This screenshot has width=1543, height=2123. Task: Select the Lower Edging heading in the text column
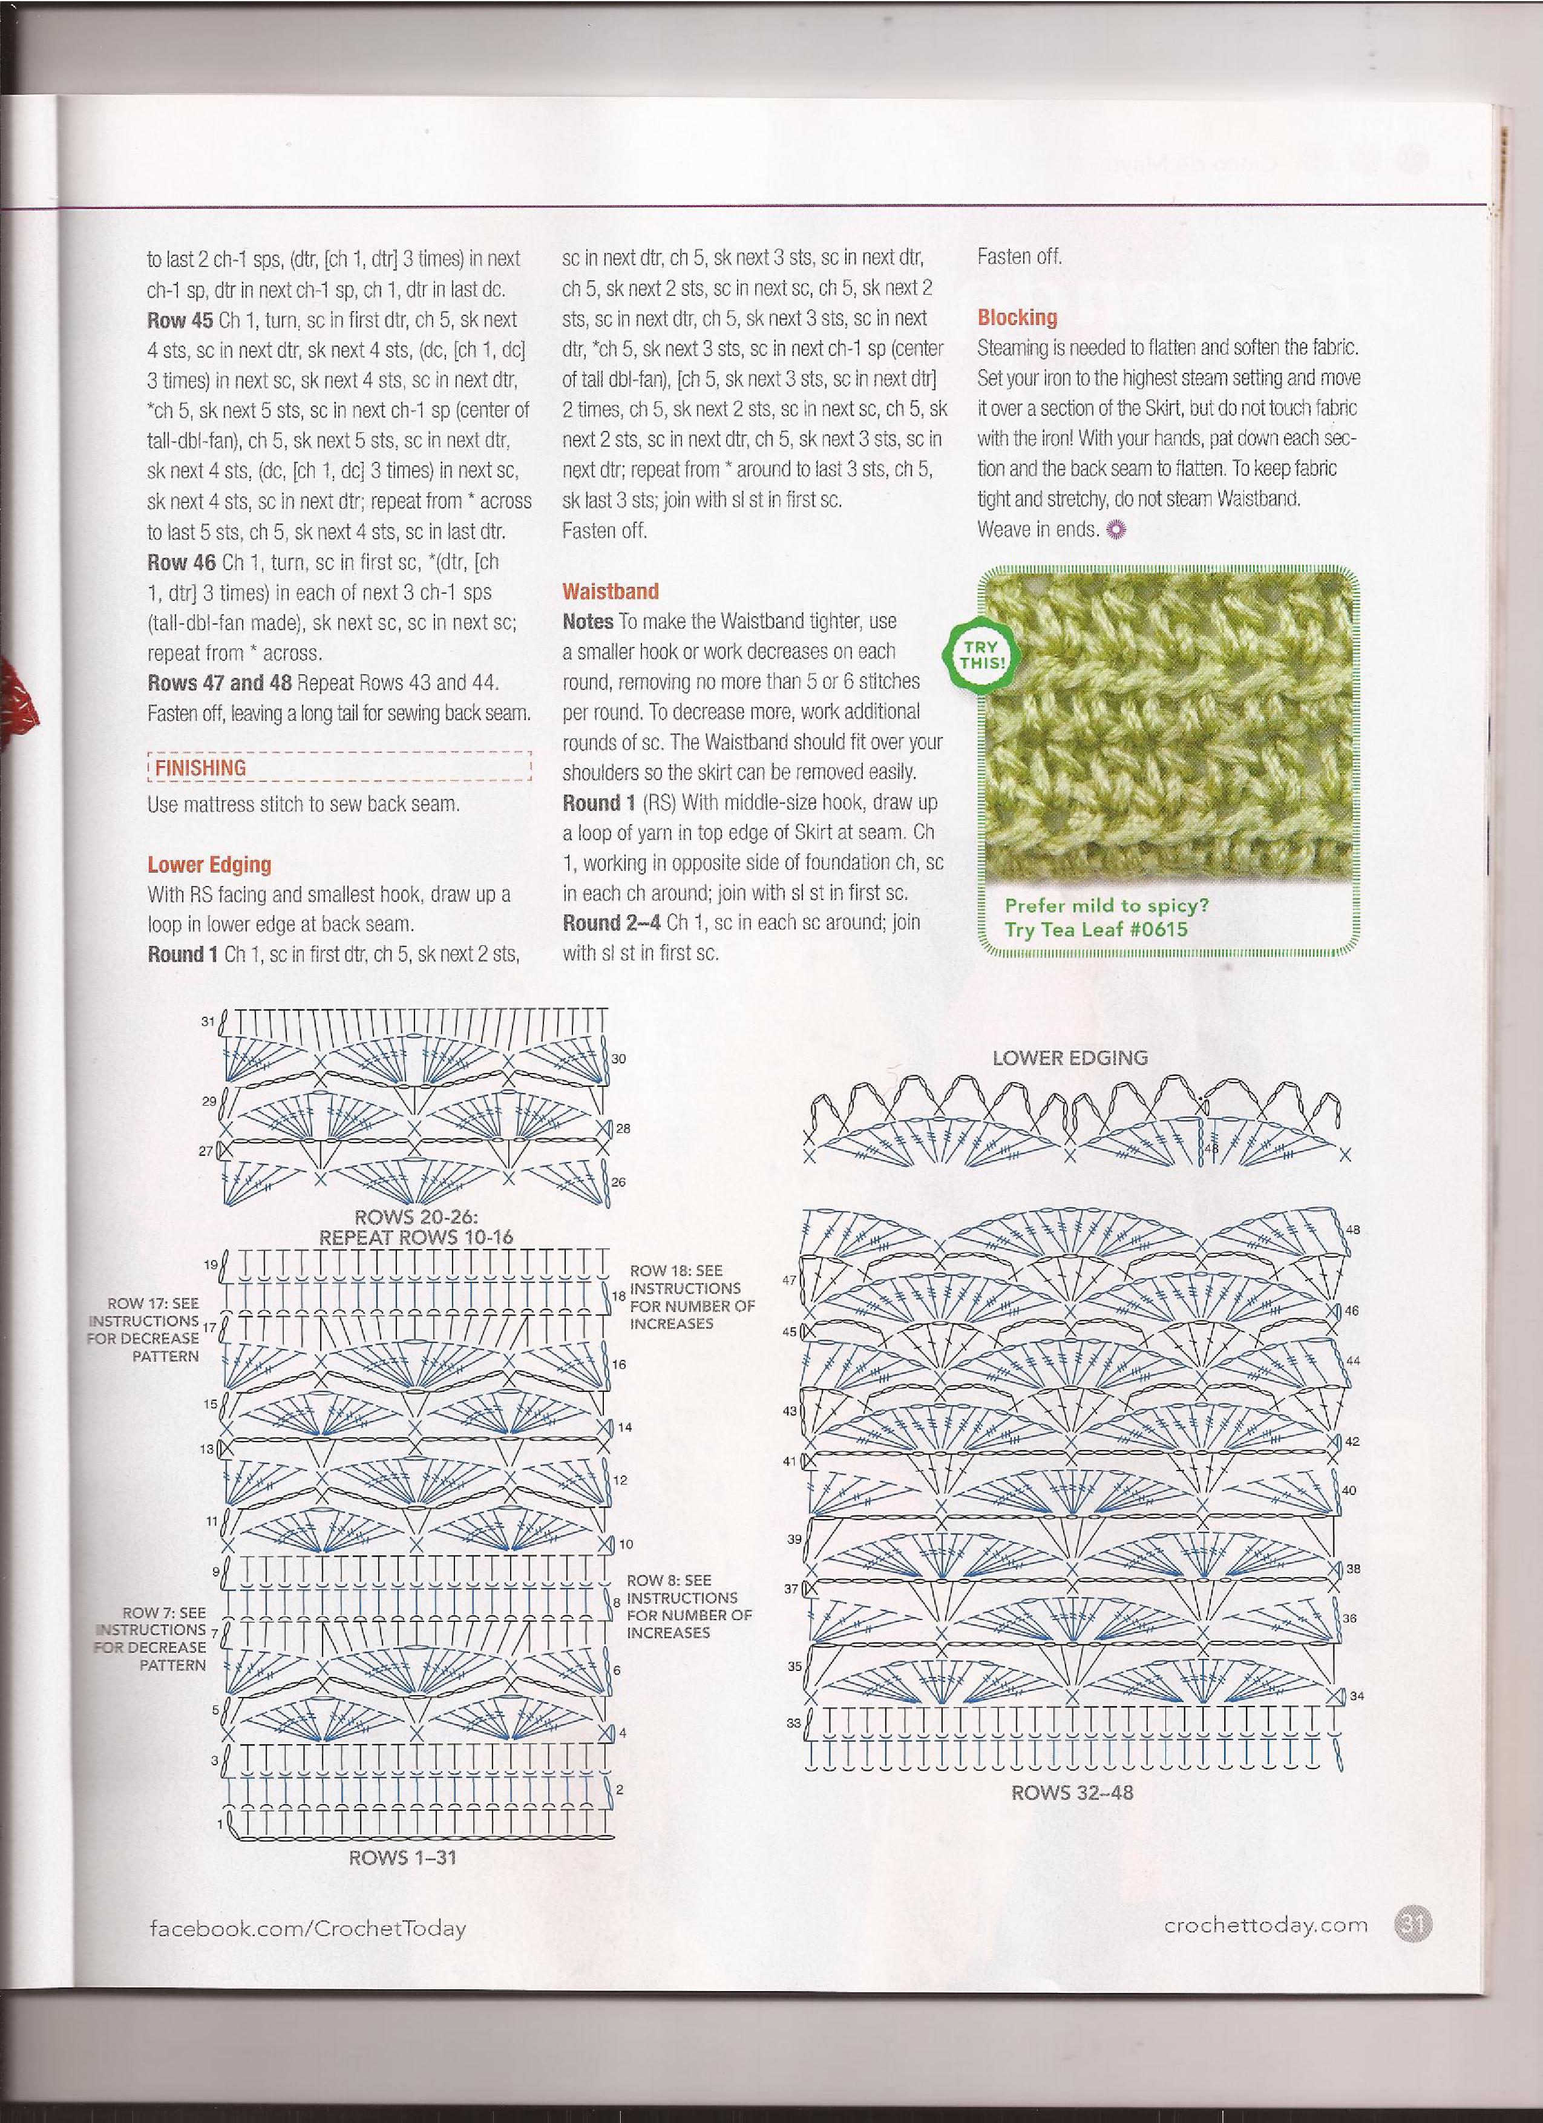pyautogui.click(x=209, y=864)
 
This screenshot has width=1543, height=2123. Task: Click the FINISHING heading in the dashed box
pyautogui.click(x=200, y=767)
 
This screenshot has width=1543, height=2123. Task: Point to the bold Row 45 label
pyautogui.click(x=180, y=319)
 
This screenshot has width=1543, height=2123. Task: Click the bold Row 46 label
pyautogui.click(x=180, y=562)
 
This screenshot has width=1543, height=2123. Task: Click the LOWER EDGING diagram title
pyautogui.click(x=1070, y=1058)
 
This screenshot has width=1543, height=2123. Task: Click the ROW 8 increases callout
pyautogui.click(x=689, y=1606)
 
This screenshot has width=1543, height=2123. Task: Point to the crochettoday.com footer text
pyautogui.click(x=1265, y=1926)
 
